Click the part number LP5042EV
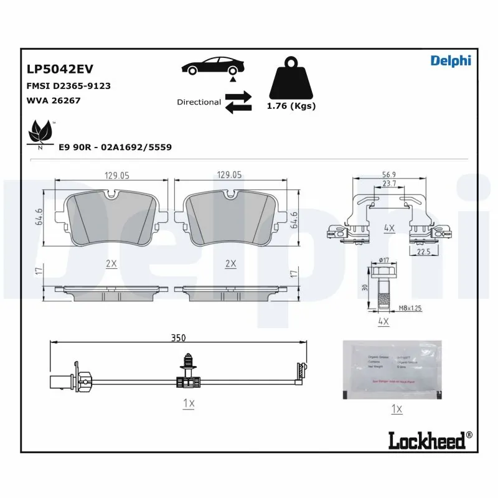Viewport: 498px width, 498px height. tap(60, 69)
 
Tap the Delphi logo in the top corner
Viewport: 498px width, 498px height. tap(451, 60)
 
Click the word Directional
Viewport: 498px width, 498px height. tap(199, 102)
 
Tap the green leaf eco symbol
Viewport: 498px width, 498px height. tap(41, 133)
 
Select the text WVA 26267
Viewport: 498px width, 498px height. tap(54, 100)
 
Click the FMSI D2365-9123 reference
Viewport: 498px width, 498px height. tap(68, 86)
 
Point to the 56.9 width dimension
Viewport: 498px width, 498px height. tap(389, 176)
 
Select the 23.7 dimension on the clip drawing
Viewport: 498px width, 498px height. tap(389, 184)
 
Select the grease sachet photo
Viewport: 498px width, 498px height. tap(392, 370)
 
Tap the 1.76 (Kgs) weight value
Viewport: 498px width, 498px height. tap(291, 106)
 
